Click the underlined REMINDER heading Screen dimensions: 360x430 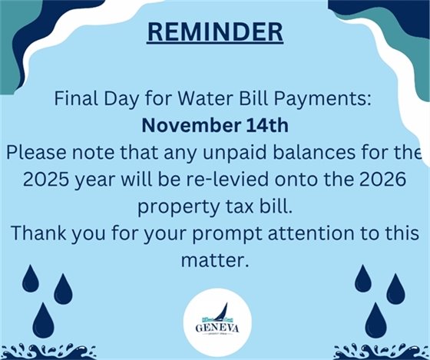point(214,31)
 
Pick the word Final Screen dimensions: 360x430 point(75,100)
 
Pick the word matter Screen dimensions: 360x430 point(214,259)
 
